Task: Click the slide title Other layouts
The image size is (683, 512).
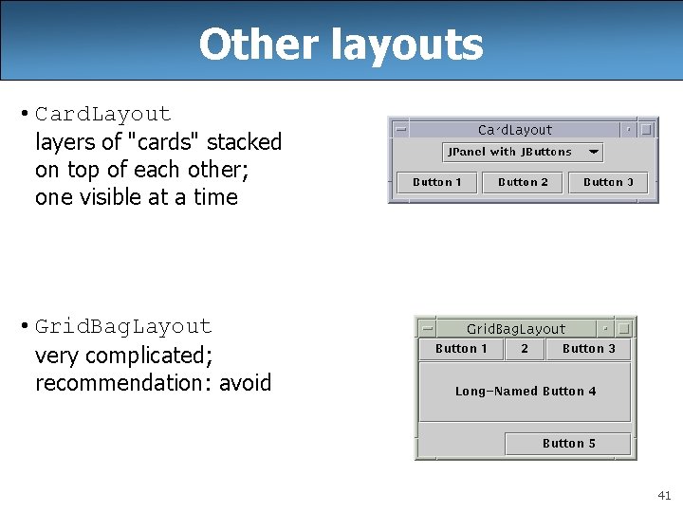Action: pyautogui.click(x=341, y=45)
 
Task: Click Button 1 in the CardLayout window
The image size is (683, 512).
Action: pyautogui.click(x=437, y=182)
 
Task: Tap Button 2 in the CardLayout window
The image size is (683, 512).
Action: pyautogui.click(x=523, y=182)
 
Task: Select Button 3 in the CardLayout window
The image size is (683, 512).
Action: pyautogui.click(x=608, y=182)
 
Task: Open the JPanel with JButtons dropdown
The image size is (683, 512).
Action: pyautogui.click(x=523, y=152)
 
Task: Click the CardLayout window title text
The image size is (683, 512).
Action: pyautogui.click(x=515, y=130)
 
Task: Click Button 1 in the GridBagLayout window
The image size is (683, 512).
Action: pyautogui.click(x=461, y=349)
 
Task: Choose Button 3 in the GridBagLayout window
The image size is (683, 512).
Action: pyautogui.click(x=588, y=349)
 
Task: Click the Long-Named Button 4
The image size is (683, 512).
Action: pyautogui.click(x=526, y=392)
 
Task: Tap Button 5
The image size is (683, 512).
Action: pyautogui.click(x=568, y=443)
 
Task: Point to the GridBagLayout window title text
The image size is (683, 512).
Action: pyautogui.click(x=516, y=329)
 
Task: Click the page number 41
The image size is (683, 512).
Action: pyautogui.click(x=664, y=495)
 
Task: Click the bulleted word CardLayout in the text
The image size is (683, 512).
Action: pyautogui.click(x=103, y=115)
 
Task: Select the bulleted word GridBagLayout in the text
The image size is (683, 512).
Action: pyautogui.click(x=123, y=327)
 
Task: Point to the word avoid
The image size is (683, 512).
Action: pyautogui.click(x=245, y=383)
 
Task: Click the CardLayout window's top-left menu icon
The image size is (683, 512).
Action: pyautogui.click(x=401, y=130)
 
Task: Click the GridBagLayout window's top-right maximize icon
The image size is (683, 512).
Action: pyautogui.click(x=623, y=329)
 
